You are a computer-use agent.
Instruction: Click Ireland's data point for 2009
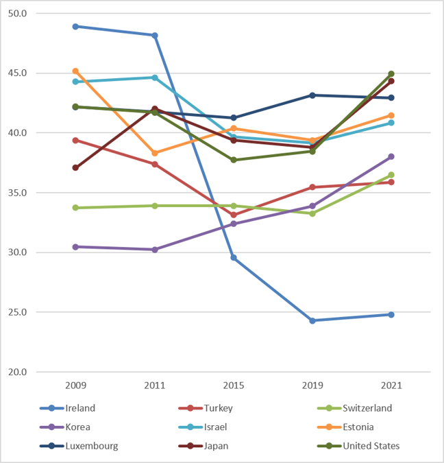75,27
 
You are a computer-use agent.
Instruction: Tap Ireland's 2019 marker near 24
312,320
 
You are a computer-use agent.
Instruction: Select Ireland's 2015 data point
234,257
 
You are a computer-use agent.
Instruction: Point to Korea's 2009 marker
75,247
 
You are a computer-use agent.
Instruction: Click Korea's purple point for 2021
391,156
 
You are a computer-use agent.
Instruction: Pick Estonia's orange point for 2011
155,153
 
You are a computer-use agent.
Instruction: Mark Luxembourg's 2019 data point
312,95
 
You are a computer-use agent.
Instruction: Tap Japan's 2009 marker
75,168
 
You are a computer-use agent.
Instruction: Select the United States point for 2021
391,74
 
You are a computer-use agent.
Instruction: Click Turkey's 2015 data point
234,215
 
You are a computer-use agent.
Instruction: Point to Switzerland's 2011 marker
155,206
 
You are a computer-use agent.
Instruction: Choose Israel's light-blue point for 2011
155,78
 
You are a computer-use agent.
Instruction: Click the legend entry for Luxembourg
79,446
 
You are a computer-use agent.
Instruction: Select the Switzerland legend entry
355,408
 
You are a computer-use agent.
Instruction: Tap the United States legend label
371,446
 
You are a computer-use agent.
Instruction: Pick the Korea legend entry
65,427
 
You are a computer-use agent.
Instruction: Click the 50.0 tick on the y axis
17,13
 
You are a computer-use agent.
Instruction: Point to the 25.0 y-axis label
17,312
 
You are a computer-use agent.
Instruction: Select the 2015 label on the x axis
234,385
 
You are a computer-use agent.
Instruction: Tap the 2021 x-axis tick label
391,385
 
